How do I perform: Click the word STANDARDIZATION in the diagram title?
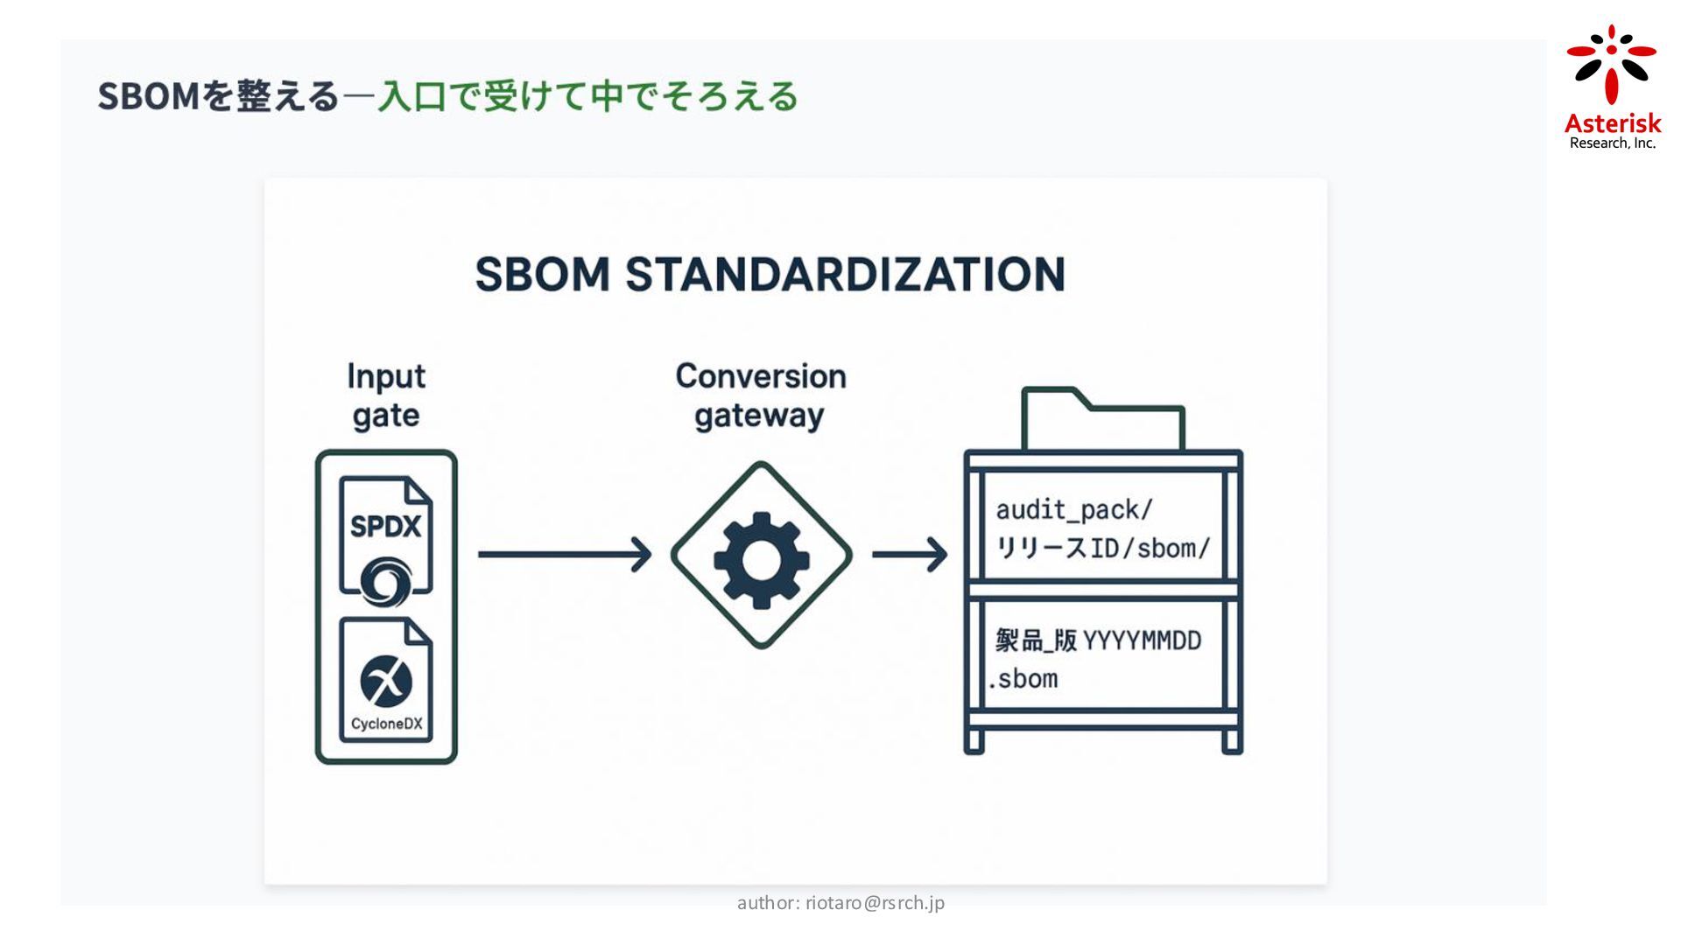(x=845, y=274)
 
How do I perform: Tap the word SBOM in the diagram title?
(x=542, y=274)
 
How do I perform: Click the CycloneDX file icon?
(x=386, y=680)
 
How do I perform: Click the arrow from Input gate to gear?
(x=565, y=555)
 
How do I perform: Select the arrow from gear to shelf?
(x=910, y=555)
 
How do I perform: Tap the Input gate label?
(x=386, y=395)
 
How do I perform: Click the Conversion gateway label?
(x=760, y=395)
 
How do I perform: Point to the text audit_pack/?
(x=1074, y=510)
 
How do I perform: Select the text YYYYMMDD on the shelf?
(x=1142, y=641)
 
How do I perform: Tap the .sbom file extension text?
(x=1023, y=679)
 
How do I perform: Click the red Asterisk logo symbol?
(x=1611, y=64)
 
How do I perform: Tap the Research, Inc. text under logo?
(x=1612, y=143)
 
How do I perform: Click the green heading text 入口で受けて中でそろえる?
(x=587, y=96)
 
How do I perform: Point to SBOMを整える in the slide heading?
(x=218, y=96)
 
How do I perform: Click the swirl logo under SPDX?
(x=386, y=581)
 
